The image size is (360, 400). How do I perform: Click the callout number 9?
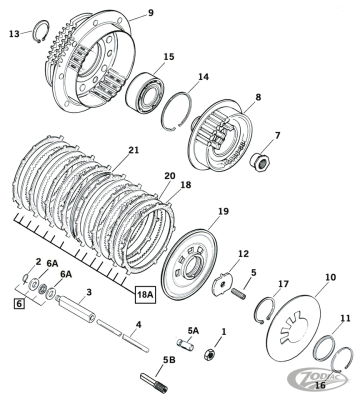(151, 12)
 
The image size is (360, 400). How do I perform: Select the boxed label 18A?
(146, 295)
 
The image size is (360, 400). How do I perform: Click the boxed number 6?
(18, 300)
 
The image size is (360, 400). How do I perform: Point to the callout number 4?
(138, 325)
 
